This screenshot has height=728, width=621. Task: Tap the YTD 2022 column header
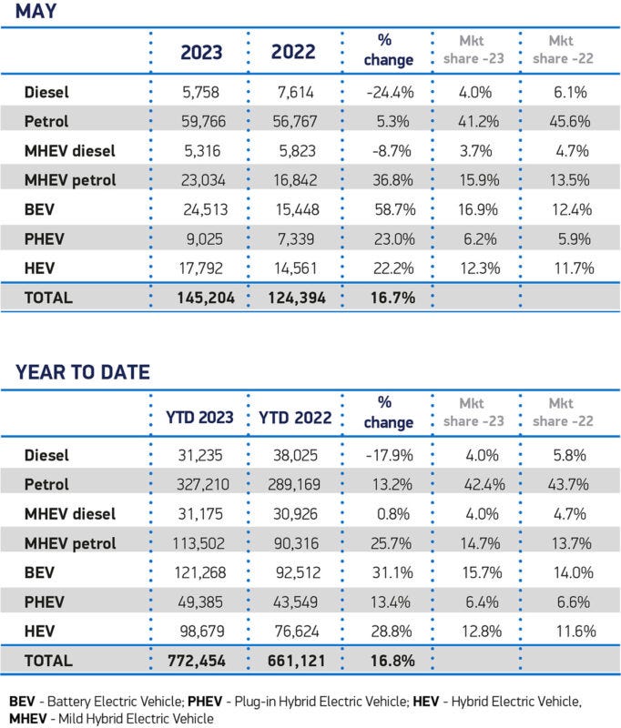[x=293, y=418]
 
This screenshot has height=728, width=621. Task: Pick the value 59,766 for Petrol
[x=204, y=121]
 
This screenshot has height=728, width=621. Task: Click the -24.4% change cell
[x=389, y=92]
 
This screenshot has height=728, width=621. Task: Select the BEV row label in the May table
[x=42, y=208]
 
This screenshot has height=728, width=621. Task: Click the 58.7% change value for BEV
[x=389, y=208]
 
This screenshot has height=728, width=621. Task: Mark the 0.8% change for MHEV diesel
[x=389, y=514]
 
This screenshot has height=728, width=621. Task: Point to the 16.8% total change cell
[x=389, y=660]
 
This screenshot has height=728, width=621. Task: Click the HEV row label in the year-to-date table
[x=41, y=631]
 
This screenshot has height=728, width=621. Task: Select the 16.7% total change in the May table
[x=389, y=297]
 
